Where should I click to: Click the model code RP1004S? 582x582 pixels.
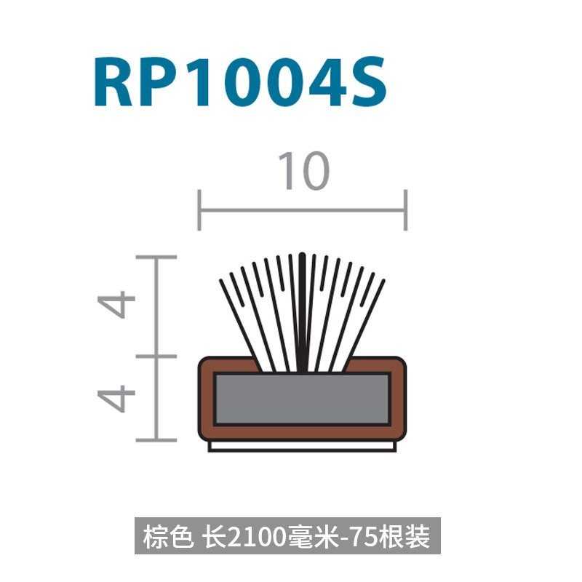(241, 81)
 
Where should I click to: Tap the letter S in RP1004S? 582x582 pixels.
(369, 81)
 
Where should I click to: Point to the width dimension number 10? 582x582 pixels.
(303, 170)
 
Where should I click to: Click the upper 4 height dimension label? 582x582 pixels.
(116, 305)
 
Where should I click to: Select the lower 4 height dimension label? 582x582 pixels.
(116, 399)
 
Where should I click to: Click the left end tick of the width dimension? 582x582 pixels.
(199, 210)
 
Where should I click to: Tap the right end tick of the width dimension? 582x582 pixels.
(406, 210)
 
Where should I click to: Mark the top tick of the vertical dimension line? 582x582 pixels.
(156, 257)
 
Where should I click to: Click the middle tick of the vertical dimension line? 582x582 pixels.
(156, 356)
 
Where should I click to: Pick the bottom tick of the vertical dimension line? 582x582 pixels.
(156, 440)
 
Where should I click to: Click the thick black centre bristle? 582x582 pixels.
(303, 312)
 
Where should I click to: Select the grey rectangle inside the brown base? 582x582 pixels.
(302, 399)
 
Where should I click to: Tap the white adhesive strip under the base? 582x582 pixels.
(302, 446)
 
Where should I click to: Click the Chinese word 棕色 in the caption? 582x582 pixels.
(168, 536)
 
